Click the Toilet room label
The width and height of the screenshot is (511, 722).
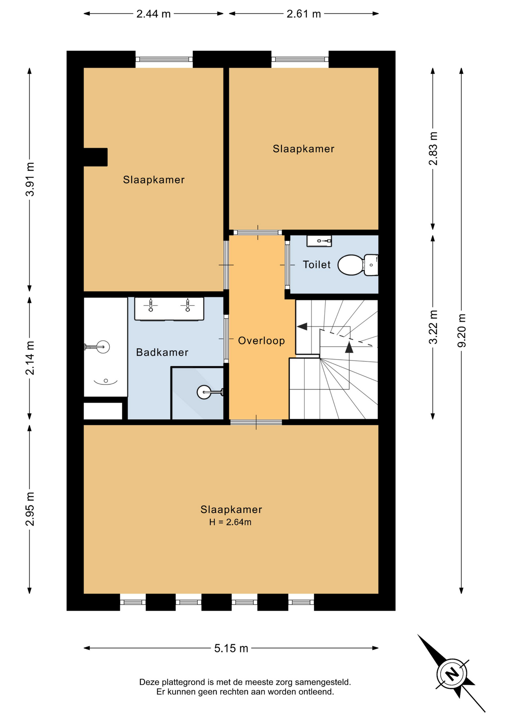[x=316, y=265]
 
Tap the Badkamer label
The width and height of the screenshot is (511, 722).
[x=162, y=352]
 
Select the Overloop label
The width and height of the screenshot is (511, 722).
[x=262, y=341]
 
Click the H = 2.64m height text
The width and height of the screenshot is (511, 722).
[x=230, y=522]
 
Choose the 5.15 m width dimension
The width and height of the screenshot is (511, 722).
[x=231, y=648]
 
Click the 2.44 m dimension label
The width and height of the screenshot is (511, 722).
[x=154, y=14]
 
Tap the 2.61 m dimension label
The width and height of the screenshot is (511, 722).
[x=304, y=14]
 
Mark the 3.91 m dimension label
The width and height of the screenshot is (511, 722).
[x=30, y=179]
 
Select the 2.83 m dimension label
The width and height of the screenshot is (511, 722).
[x=433, y=149]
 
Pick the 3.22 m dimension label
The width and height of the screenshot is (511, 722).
[x=433, y=327]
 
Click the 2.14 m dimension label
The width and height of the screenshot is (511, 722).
[x=30, y=358]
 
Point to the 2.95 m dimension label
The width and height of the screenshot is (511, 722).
[x=30, y=509]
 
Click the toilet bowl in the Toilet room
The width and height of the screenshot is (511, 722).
[x=358, y=265]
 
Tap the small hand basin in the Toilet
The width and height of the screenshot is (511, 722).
[x=319, y=241]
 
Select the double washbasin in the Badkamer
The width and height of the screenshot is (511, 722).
[x=169, y=309]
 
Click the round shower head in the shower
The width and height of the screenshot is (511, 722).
[x=204, y=392]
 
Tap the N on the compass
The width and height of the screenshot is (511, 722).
[x=452, y=673]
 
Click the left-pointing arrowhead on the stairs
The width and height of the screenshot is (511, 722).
[x=302, y=326]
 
